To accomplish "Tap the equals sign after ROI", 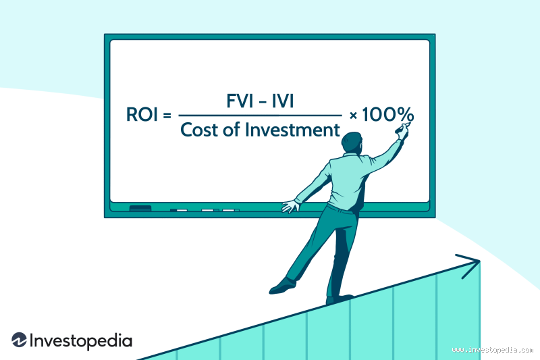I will click(167, 115).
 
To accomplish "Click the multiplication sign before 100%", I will click(353, 115).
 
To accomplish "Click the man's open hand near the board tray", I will click(290, 205).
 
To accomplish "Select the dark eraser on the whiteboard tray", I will click(140, 207).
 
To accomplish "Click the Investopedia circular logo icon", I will click(19, 341).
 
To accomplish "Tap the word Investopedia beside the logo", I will click(80, 341).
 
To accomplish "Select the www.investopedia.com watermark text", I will click(492, 350).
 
